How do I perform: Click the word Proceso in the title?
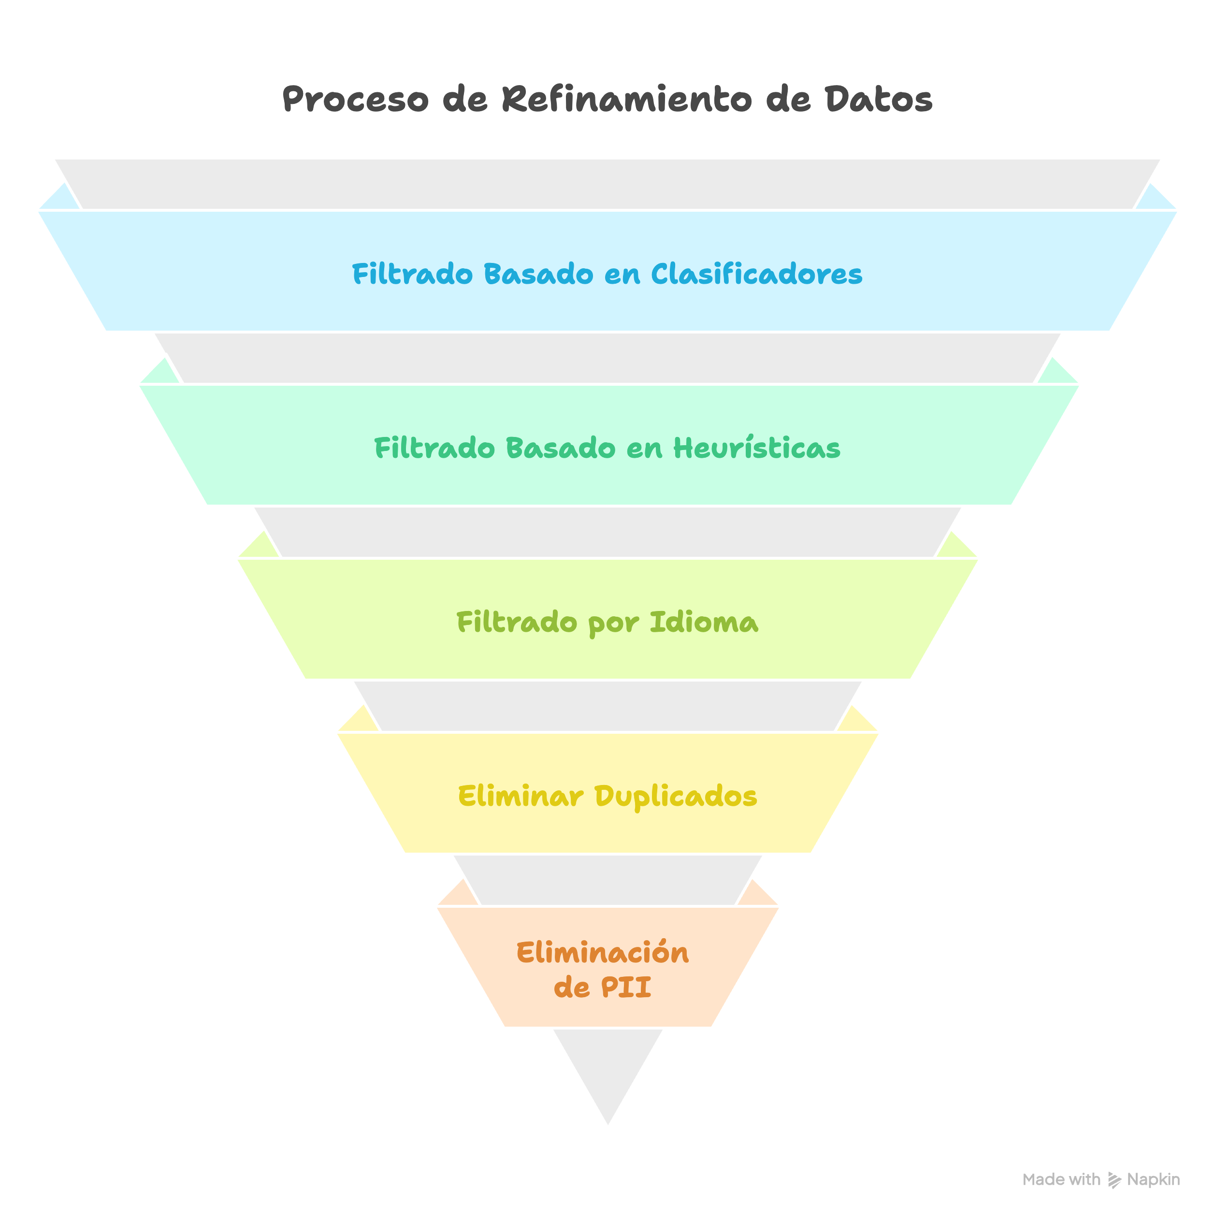point(354,100)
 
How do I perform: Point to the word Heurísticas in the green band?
point(756,449)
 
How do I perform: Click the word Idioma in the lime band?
point(704,623)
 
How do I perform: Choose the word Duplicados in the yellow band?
point(676,796)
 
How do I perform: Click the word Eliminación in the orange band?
point(603,953)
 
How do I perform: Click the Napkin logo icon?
point(1114,1180)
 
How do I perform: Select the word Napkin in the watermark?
point(1153,1179)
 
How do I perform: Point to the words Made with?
point(1061,1179)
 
